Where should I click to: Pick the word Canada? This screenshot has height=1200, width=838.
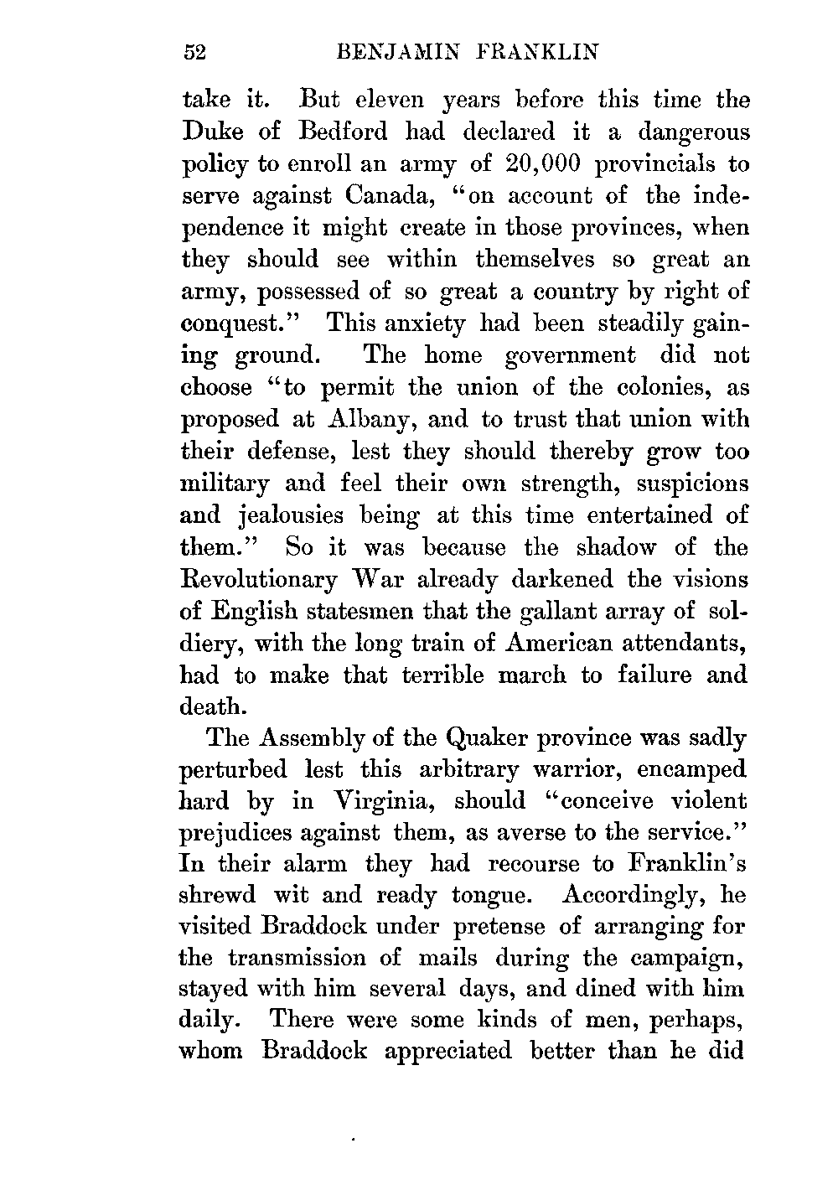(x=392, y=196)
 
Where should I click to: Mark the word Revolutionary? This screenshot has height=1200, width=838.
(x=260, y=580)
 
